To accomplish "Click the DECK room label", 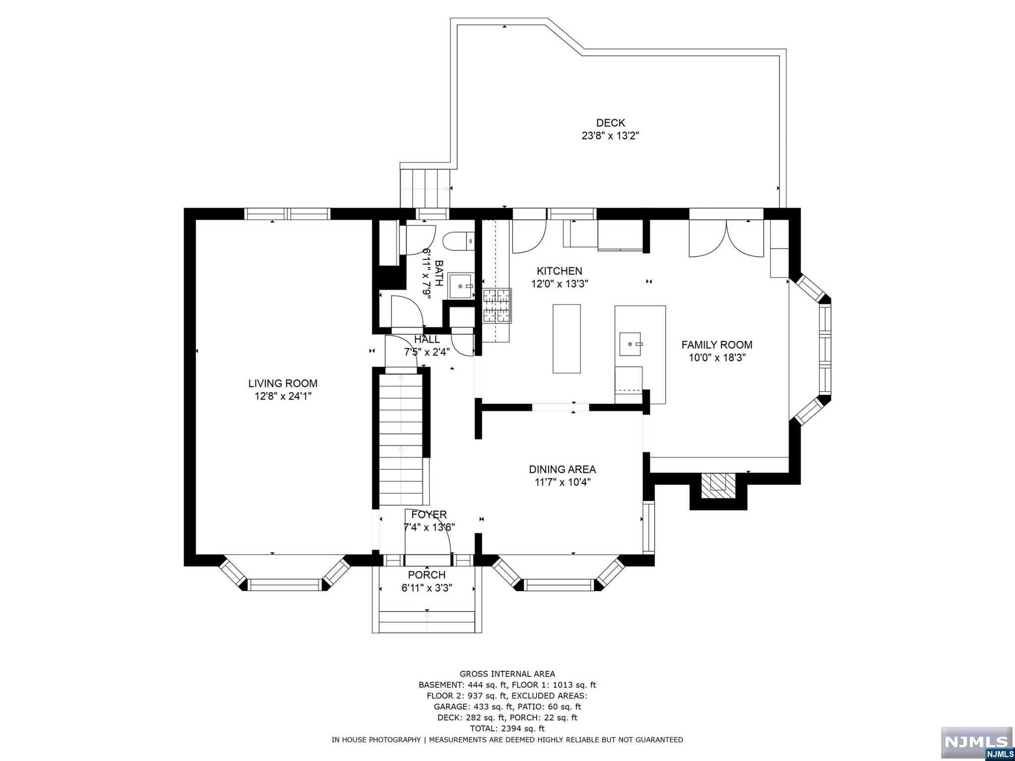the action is point(610,123).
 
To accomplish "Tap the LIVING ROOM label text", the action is point(282,383).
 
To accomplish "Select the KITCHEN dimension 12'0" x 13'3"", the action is point(560,284).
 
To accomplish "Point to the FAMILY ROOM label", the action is point(717,345).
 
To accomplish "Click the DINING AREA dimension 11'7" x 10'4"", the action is point(563,482).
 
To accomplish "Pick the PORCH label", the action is point(427,575).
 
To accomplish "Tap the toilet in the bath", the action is point(458,242).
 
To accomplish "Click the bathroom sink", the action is point(461,286).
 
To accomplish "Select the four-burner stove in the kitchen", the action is point(497,305).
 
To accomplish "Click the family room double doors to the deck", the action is point(726,239).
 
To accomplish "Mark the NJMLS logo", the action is point(976,742).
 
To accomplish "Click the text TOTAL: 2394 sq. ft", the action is point(507,728).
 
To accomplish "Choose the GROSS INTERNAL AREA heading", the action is point(507,674).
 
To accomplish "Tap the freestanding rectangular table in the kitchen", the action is point(566,339).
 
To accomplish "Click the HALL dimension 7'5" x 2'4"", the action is point(427,352).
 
